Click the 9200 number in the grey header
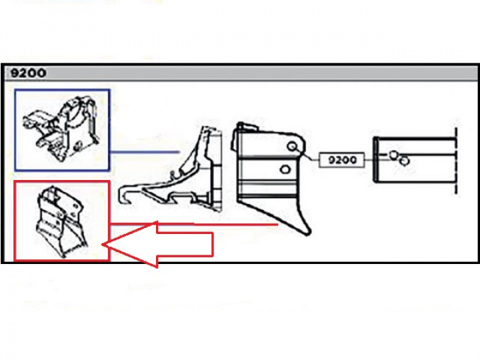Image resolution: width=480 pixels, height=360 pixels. (28, 73)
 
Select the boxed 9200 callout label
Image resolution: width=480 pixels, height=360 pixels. (342, 160)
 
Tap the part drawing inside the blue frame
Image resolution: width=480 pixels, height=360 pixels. (61, 128)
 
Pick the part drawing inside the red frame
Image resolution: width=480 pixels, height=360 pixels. (61, 221)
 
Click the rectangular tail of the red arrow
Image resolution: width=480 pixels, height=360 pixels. (185, 244)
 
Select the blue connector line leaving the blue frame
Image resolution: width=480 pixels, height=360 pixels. (145, 151)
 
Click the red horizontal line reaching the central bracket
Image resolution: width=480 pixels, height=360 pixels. (236, 225)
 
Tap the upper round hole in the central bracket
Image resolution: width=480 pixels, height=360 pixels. (292, 147)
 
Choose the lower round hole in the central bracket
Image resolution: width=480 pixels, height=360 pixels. (285, 169)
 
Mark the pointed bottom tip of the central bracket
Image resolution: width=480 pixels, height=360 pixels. (308, 234)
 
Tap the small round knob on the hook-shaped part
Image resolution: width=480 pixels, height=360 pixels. (173, 173)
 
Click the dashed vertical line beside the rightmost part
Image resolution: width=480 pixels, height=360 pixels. (456, 161)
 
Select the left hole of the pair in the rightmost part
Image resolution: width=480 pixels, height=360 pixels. (394, 155)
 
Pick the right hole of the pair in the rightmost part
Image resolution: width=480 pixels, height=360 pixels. (405, 161)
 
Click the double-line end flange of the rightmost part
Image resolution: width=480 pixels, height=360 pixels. (375, 160)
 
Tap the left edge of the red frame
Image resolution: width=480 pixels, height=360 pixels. (15, 221)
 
